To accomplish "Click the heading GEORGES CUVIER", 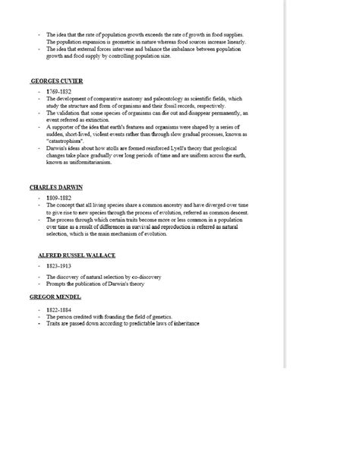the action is [x=57, y=80].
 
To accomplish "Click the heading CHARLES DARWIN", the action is [x=56, y=186].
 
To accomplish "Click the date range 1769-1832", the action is [x=58, y=90].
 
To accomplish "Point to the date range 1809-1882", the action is [x=58, y=197].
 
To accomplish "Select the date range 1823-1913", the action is [x=58, y=267].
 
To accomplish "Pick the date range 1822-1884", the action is [x=58, y=309].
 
